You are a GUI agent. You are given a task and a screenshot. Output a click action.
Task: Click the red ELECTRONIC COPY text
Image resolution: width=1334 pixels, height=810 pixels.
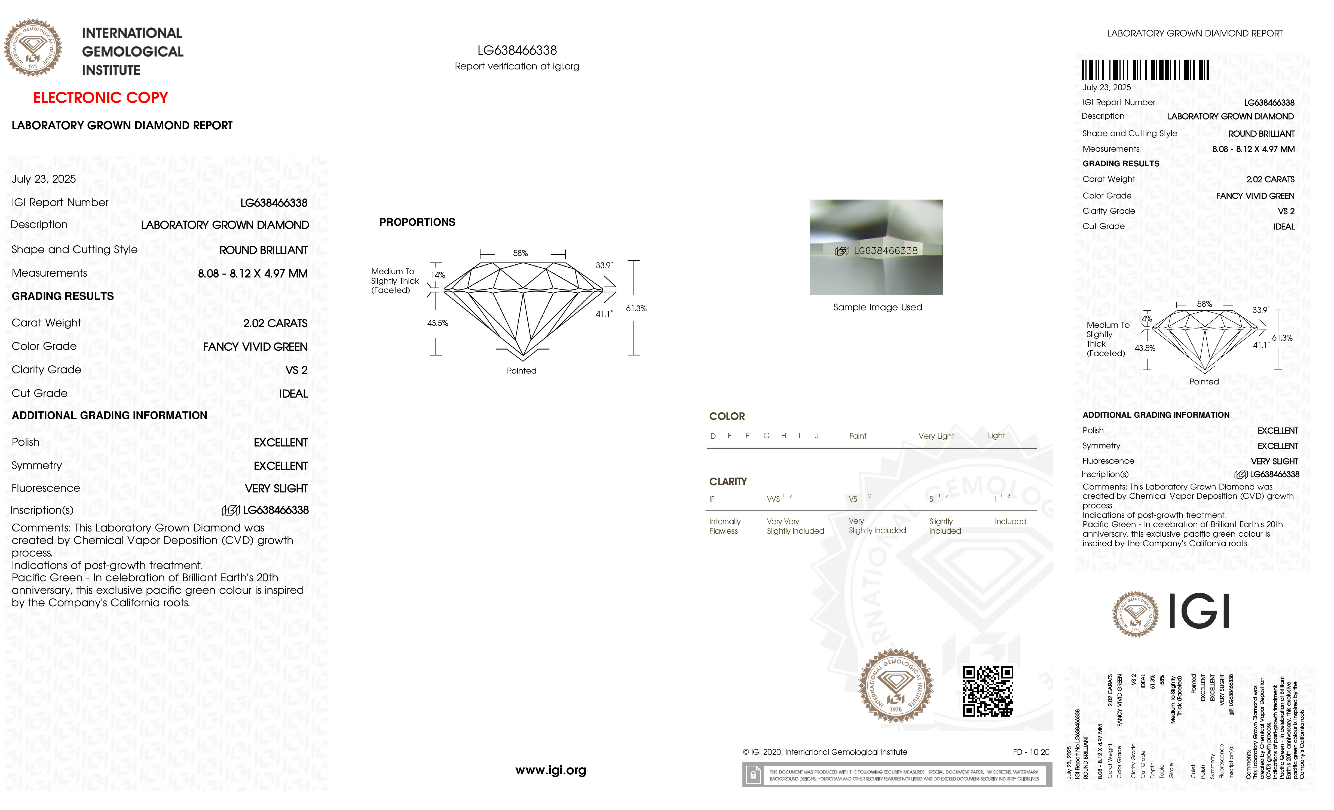tap(101, 98)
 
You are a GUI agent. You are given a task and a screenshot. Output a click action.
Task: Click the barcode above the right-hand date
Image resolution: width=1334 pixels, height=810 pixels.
tap(1145, 70)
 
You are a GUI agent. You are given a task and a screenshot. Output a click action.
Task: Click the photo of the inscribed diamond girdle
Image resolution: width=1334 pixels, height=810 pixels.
tap(876, 247)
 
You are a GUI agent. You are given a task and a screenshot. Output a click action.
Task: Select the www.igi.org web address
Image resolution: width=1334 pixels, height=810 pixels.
tap(550, 770)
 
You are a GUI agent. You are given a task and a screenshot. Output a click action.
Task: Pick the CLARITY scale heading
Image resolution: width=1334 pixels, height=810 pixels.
tap(728, 481)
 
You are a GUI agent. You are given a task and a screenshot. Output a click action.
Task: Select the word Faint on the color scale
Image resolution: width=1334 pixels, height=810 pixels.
tap(858, 436)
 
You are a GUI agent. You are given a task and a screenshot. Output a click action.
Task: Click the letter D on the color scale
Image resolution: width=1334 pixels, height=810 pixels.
tap(713, 436)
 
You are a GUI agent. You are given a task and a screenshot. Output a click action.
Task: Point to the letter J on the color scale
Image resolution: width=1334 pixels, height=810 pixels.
tap(816, 436)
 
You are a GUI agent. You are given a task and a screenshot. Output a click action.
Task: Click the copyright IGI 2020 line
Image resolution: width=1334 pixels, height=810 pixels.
tap(825, 752)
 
